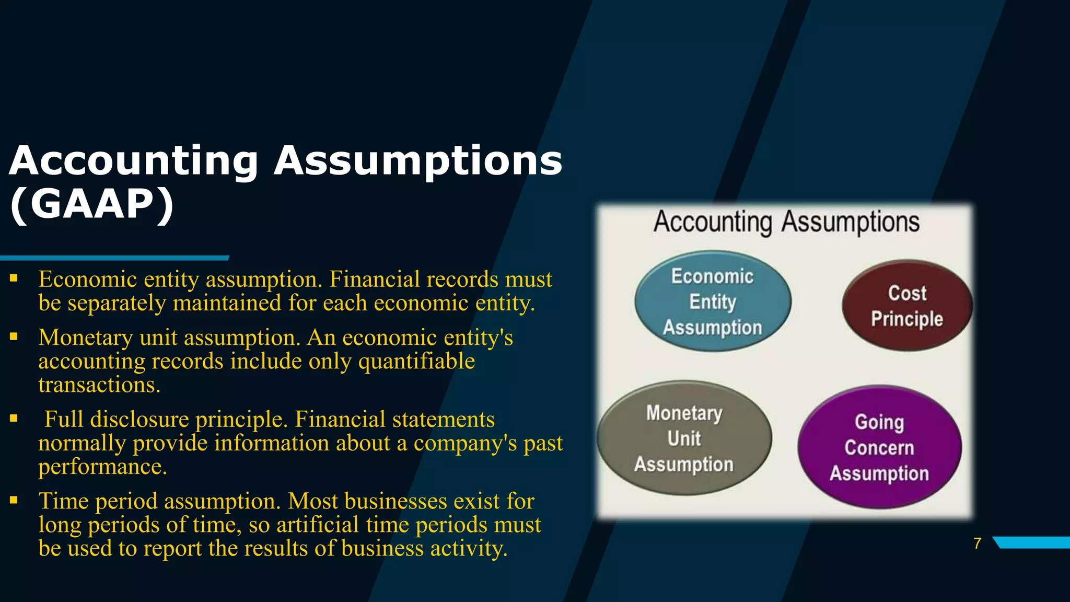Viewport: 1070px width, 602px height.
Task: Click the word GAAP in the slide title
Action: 92,204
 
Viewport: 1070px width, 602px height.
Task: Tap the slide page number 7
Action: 977,543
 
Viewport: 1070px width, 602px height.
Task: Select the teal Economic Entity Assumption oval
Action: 713,302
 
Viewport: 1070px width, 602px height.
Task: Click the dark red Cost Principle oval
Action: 907,306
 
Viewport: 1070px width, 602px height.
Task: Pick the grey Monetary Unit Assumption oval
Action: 684,438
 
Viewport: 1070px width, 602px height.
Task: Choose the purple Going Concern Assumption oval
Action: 879,447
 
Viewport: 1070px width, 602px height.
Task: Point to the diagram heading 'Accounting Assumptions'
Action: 786,222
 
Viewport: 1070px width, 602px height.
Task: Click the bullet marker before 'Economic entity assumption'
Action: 14,279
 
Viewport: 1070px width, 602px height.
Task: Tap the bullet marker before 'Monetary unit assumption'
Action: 14,337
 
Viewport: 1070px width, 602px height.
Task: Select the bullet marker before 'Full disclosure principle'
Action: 14,419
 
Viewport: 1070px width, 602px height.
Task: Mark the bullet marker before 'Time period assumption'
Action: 14,501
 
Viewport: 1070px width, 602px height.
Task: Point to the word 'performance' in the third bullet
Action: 102,467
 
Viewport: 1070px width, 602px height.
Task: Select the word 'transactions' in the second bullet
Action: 98,385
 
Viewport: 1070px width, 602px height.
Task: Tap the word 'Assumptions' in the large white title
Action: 418,161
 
